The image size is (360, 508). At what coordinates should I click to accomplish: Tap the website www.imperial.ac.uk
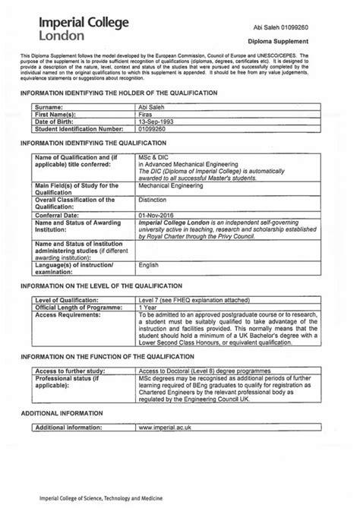165,428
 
